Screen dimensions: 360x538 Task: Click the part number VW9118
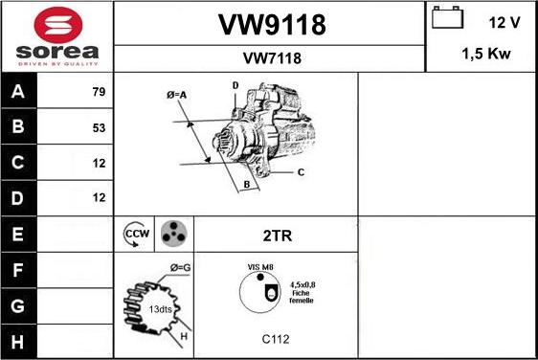(269, 26)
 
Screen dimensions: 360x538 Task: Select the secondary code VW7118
(269, 58)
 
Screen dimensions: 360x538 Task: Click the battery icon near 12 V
(447, 19)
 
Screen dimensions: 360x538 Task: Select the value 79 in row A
(98, 92)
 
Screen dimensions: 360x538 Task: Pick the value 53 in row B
(98, 127)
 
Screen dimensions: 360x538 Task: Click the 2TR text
(275, 234)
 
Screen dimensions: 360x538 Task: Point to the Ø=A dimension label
(176, 94)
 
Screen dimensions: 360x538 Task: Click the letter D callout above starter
(235, 86)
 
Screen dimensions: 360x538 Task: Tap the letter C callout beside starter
(300, 172)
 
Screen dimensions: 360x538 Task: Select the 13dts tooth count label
(159, 309)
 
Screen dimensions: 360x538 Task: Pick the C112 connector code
(275, 339)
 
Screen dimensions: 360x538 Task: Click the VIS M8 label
(260, 267)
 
